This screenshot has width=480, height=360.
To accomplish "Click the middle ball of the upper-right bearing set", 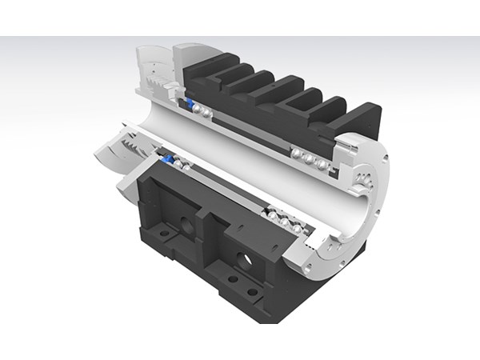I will point(309,158).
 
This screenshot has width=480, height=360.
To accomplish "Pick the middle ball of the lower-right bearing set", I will point(285,220).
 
